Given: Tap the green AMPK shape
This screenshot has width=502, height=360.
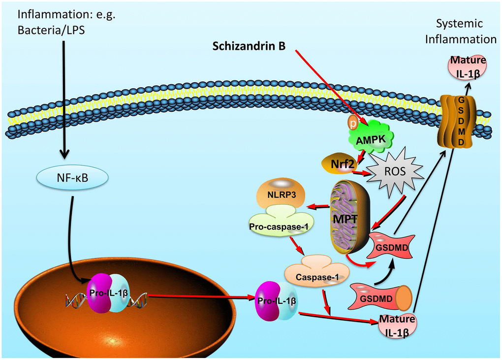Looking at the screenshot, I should tap(370, 137).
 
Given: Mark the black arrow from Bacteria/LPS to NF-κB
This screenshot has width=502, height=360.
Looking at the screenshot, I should tap(64, 98).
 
